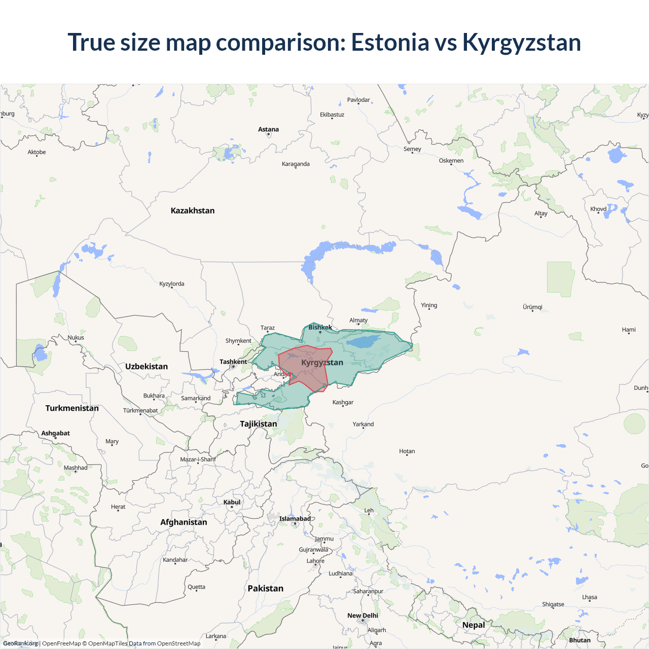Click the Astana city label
[268, 129]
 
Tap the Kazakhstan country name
[193, 210]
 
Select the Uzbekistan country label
[147, 366]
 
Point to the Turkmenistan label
[72, 408]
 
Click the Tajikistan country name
[259, 424]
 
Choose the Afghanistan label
[184, 522]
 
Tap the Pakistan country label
[266, 588]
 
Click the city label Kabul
[232, 502]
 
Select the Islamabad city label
[295, 519]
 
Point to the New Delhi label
[363, 616]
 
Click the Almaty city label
[358, 320]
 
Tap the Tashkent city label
[233, 362]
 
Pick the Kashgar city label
[343, 402]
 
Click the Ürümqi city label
[532, 307]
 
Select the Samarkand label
[196, 398]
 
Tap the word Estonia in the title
[390, 42]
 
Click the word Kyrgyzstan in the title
[521, 42]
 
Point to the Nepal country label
[474, 625]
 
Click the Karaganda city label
[296, 164]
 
